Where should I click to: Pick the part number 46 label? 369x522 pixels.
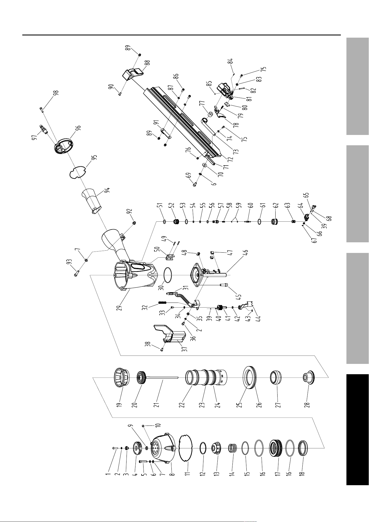(x=246, y=253)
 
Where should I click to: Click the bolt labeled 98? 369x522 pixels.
(x=42, y=109)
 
